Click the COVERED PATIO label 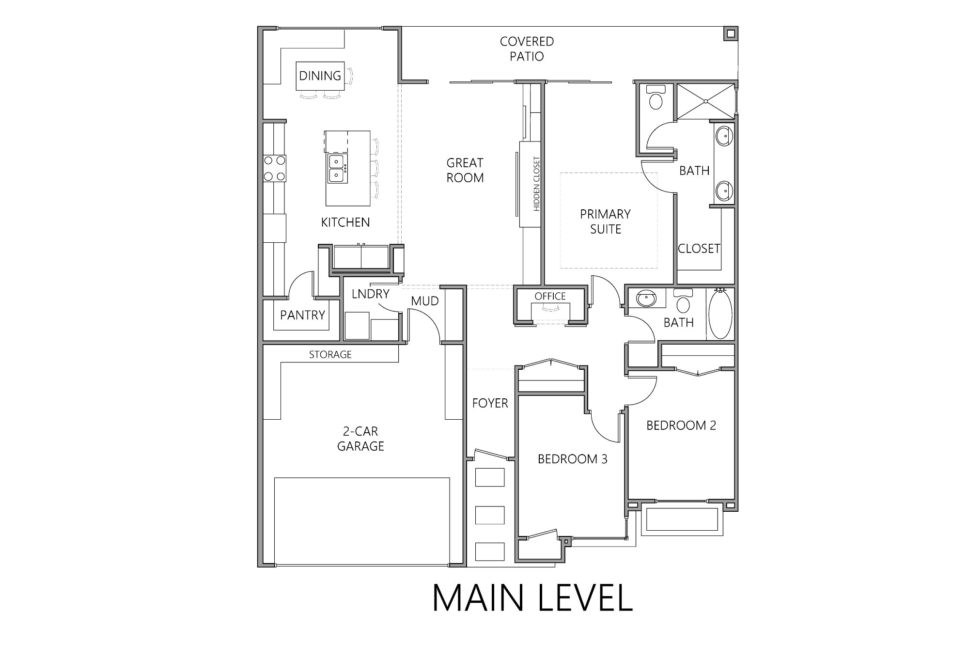[527, 49]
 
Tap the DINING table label [320, 76]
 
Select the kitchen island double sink [336, 168]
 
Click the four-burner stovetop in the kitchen [274, 169]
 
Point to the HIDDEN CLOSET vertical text [536, 184]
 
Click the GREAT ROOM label [465, 170]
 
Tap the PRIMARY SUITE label [605, 221]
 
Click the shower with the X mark [706, 101]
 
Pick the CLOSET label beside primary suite [699, 249]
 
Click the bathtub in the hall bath [720, 314]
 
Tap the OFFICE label [550, 296]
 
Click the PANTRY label [302, 315]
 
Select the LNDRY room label [370, 294]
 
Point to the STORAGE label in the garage [330, 355]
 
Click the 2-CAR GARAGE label [360, 439]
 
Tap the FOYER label [490, 403]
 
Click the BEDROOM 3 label [572, 459]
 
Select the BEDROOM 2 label [681, 425]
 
